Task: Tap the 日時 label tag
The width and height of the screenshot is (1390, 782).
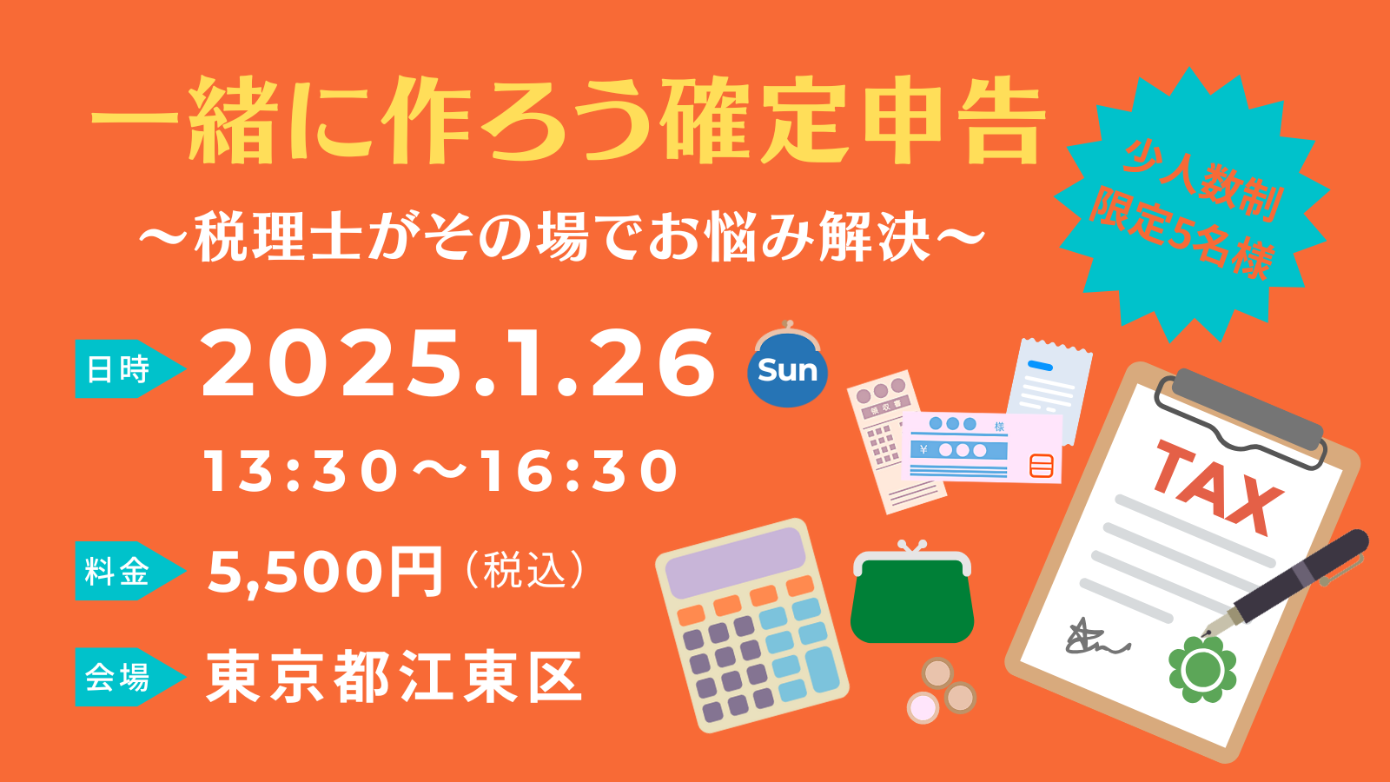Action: pyautogui.click(x=129, y=368)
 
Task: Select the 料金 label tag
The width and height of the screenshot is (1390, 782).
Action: pyautogui.click(x=129, y=570)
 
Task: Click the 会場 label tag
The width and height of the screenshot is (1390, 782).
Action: pyautogui.click(x=129, y=677)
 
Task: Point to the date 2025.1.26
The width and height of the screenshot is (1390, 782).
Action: pyautogui.click(x=458, y=364)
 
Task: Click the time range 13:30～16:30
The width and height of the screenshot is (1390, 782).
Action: pyautogui.click(x=441, y=472)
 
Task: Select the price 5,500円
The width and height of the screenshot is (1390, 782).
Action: pyautogui.click(x=325, y=572)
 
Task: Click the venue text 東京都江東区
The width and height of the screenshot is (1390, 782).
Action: pyautogui.click(x=394, y=677)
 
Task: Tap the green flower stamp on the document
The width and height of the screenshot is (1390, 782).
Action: pyautogui.click(x=1202, y=670)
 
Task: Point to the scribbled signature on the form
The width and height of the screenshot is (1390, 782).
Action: pyautogui.click(x=1095, y=638)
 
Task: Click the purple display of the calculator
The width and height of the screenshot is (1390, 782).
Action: pyautogui.click(x=735, y=561)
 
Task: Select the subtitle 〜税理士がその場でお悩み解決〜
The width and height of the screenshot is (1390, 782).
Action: pyautogui.click(x=562, y=237)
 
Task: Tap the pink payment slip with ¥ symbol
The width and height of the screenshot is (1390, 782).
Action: pyautogui.click(x=982, y=447)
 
